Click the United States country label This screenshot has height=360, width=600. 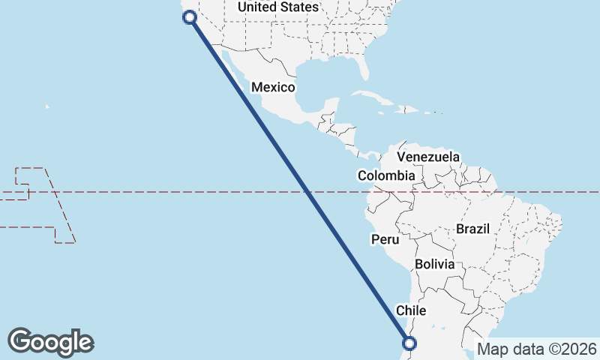coord(277,7)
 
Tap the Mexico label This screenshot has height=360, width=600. coord(273,87)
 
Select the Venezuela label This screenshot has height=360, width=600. coord(428,157)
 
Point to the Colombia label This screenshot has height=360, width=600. coord(385,175)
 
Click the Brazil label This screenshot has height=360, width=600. coord(472,229)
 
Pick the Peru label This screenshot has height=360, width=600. coord(385,239)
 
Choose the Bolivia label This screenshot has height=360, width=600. coord(435,264)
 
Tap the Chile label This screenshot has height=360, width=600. coord(411,310)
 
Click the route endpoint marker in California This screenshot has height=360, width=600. coord(190,16)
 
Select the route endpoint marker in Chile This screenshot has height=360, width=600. coord(409,343)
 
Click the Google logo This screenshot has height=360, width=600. coord(51,341)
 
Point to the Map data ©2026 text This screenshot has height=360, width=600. coord(537,349)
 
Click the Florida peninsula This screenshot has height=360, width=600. coord(362,67)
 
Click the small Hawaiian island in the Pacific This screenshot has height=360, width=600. coord(46,106)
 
